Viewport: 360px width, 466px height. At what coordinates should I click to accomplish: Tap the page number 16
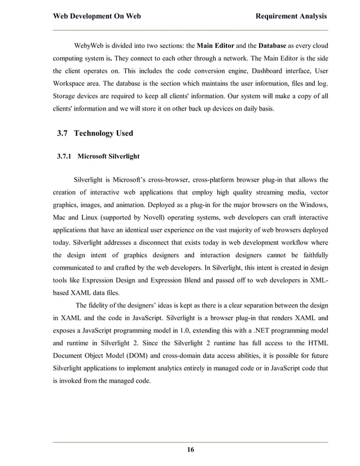coord(190,449)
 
